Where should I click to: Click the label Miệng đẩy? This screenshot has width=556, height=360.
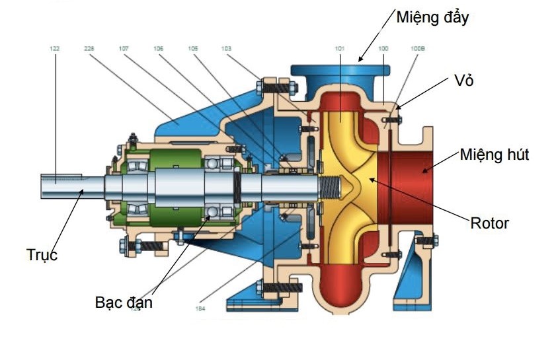[432, 17]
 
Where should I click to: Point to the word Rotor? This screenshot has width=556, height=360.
[489, 223]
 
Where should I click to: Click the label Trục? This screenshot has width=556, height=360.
[42, 254]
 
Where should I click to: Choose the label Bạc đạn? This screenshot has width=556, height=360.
[124, 303]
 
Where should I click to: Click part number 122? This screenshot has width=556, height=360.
[55, 48]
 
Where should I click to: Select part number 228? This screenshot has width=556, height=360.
[90, 48]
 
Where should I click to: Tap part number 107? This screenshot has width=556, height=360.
[124, 48]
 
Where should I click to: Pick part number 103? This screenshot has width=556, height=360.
[227, 48]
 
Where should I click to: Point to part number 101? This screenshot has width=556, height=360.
[340, 48]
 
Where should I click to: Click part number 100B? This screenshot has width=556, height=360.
[418, 48]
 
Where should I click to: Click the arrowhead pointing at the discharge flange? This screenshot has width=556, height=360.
[360, 59]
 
